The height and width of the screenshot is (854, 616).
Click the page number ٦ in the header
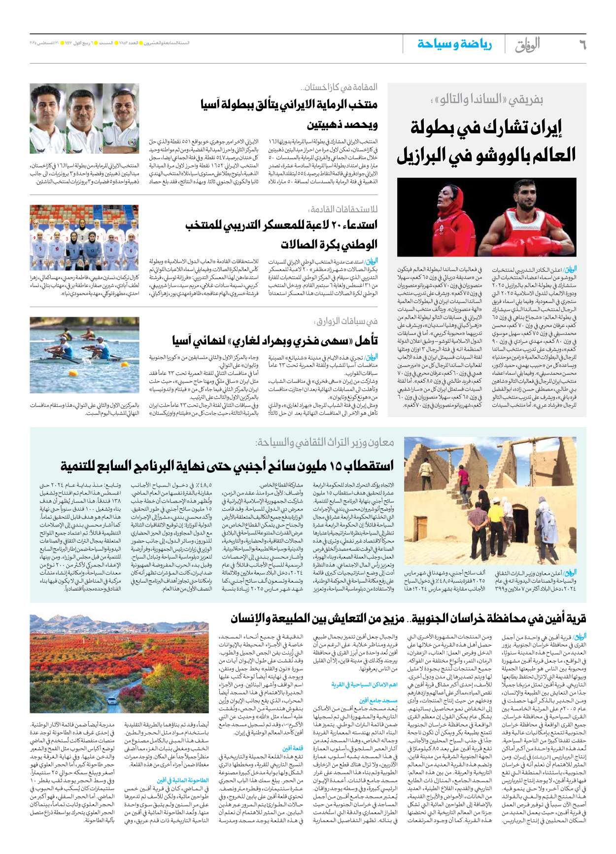coord(582,45)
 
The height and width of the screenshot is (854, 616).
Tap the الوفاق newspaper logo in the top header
coord(527,45)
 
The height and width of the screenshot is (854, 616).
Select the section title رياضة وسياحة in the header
coord(454,44)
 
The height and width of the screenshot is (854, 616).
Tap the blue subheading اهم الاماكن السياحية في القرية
coord(365,685)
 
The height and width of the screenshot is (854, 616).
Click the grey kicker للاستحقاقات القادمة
coord(343,209)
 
